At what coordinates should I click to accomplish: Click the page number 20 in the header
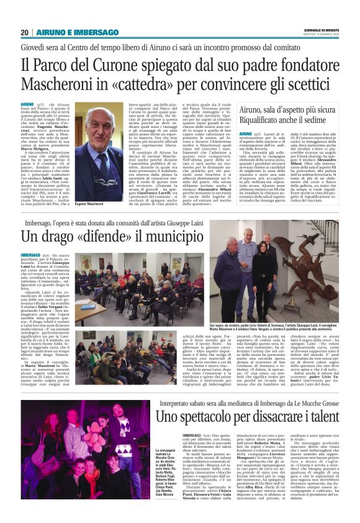(25, 32)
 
